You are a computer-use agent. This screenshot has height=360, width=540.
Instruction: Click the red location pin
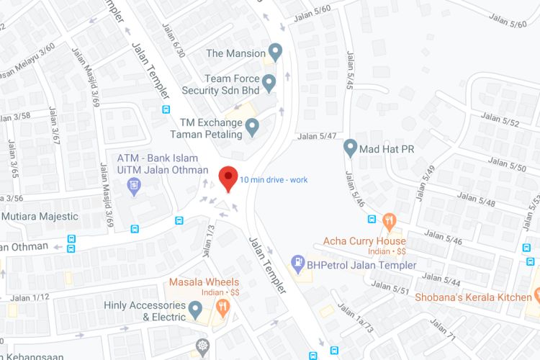tap(228, 177)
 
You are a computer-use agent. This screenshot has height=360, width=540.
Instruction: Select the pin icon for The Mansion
tap(274, 53)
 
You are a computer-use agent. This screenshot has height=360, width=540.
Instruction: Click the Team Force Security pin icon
tap(269, 84)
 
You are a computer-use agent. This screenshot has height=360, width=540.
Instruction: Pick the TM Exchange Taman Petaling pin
tap(252, 127)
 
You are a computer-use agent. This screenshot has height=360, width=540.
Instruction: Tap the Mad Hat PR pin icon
tap(351, 148)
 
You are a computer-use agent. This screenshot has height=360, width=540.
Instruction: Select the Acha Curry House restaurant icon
tap(389, 219)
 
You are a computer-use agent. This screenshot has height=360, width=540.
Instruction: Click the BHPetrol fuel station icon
tap(297, 264)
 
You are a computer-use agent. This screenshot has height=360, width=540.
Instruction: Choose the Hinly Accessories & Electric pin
tap(194, 311)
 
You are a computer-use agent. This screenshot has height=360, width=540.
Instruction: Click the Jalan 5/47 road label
tap(318, 135)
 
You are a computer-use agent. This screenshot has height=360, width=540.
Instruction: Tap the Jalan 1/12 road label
tap(30, 297)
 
